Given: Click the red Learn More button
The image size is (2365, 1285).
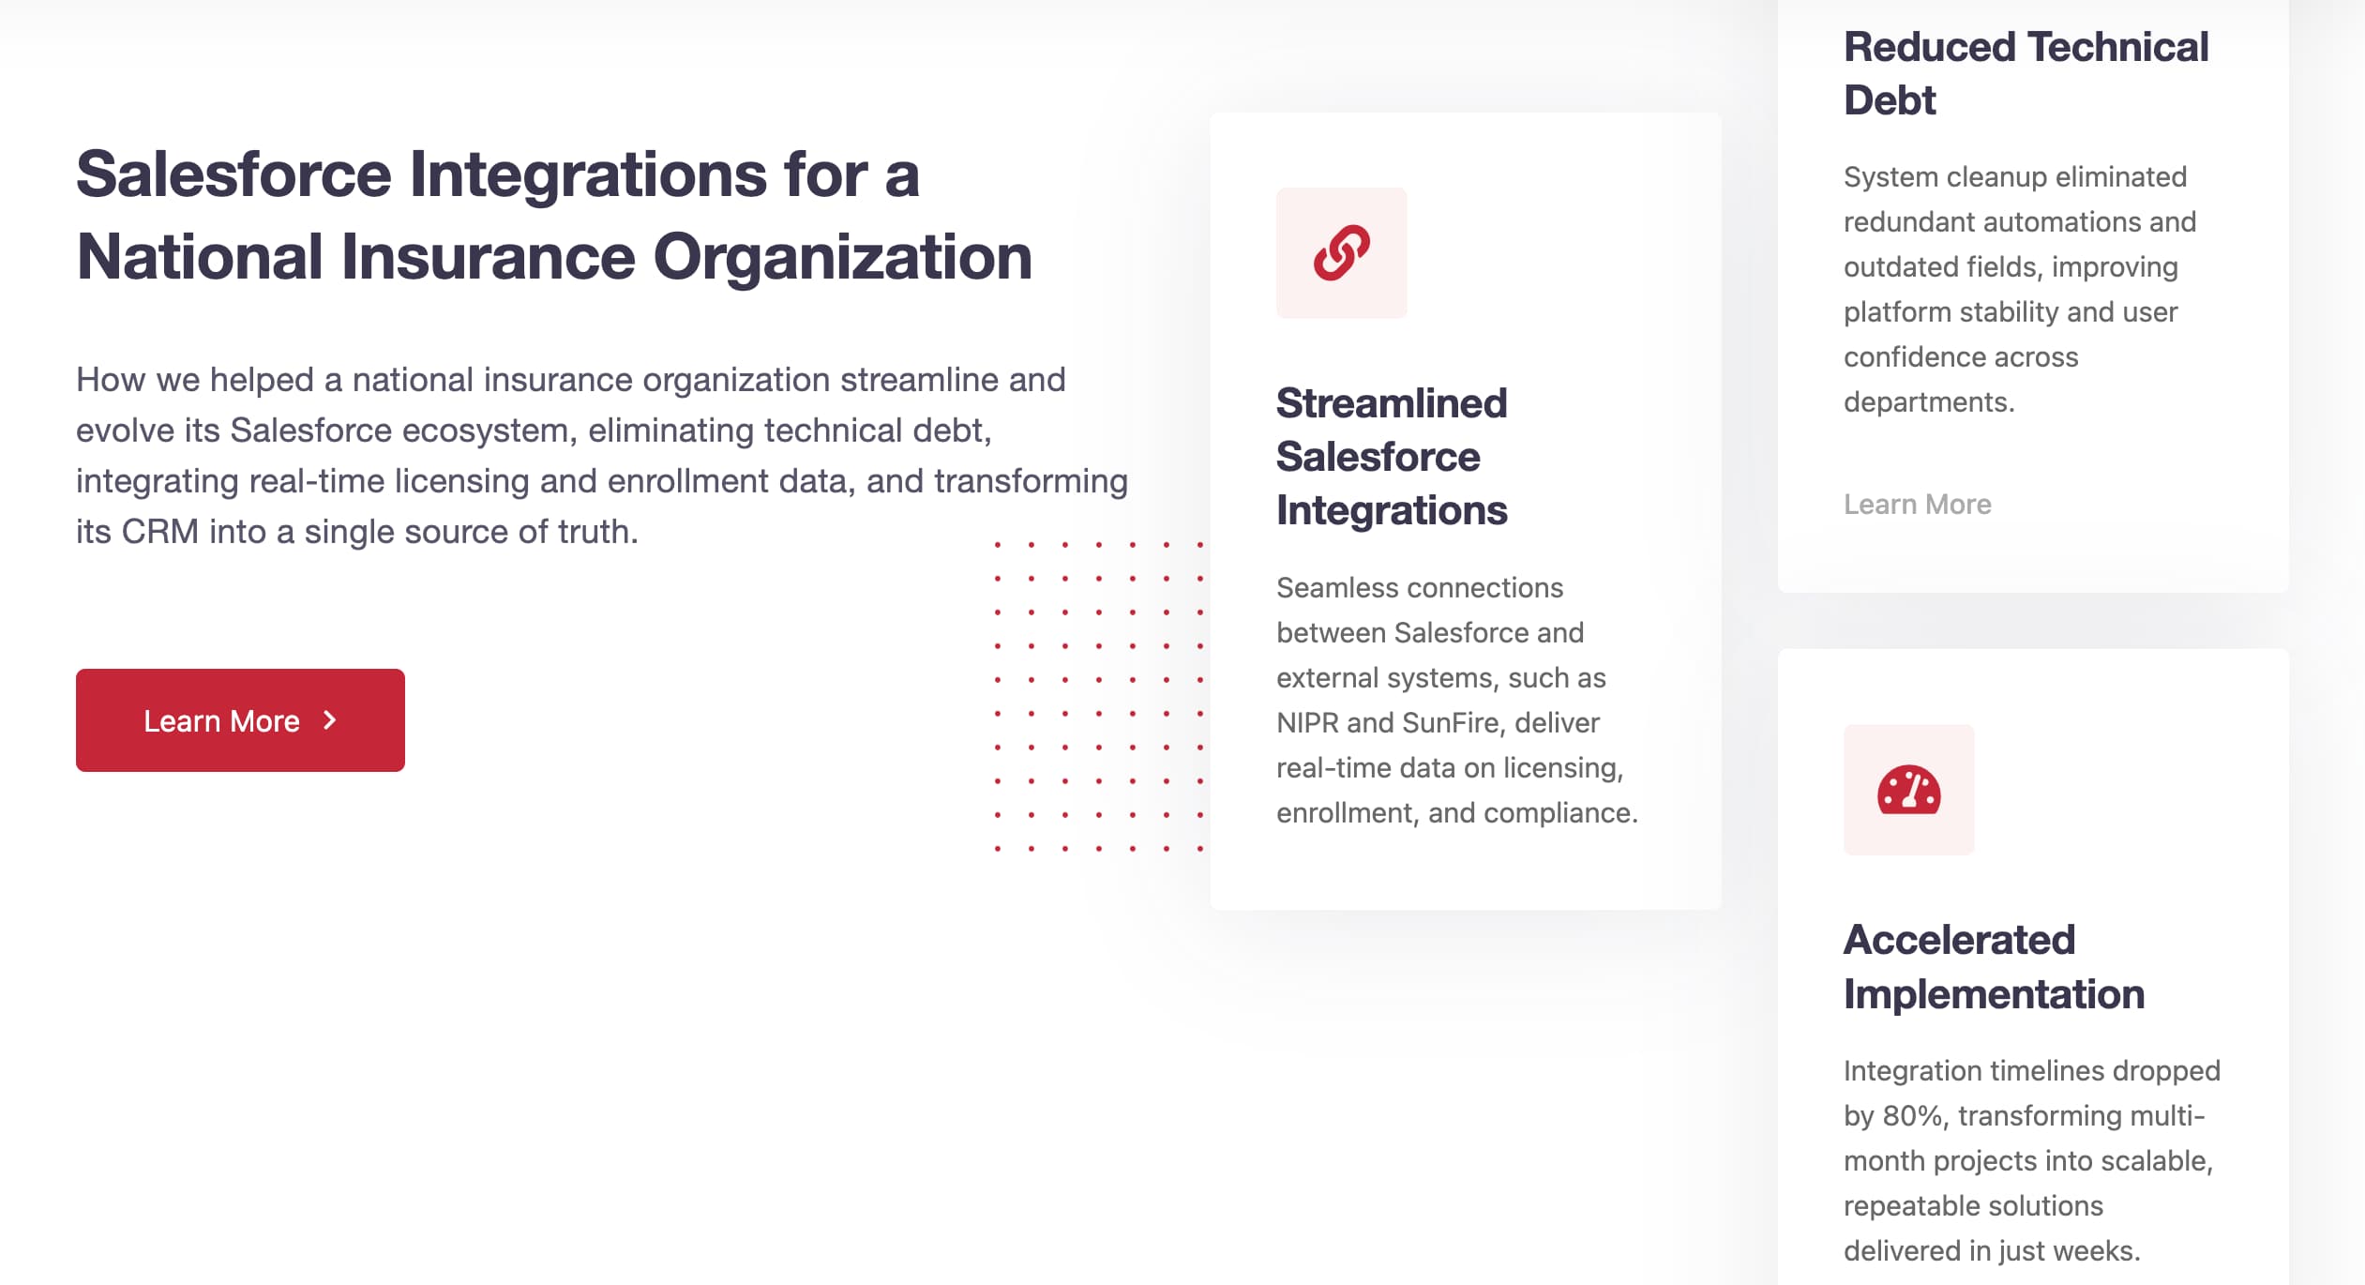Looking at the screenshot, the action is tap(240, 720).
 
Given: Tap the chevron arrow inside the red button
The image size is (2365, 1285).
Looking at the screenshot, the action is tap(329, 720).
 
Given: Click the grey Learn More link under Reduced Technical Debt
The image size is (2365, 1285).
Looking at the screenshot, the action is tap(1917, 505).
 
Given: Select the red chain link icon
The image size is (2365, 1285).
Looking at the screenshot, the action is tap(1341, 253).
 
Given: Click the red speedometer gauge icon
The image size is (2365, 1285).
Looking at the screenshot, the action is tap(1908, 790).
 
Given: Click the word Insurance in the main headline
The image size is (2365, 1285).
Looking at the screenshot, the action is tap(488, 257).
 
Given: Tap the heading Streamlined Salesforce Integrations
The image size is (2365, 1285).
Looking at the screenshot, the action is tap(1392, 457).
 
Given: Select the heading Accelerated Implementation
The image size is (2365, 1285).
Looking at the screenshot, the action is tap(1994, 967).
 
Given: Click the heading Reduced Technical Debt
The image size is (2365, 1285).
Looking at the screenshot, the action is tap(2026, 73).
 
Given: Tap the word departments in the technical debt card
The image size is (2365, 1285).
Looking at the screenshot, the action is tap(1929, 403).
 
